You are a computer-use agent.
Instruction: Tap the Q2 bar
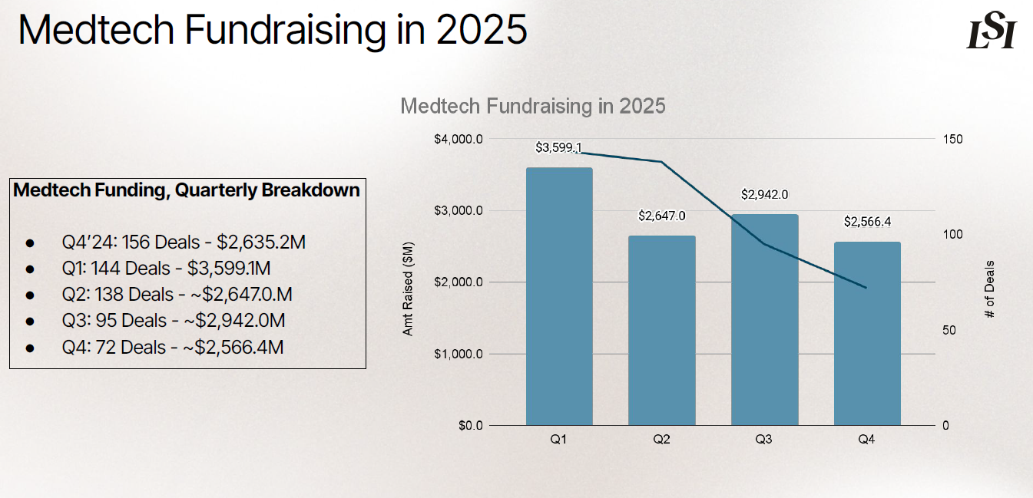pyautogui.click(x=661, y=330)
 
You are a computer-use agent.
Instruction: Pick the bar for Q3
pyautogui.click(x=764, y=319)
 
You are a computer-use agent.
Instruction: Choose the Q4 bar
pyautogui.click(x=867, y=333)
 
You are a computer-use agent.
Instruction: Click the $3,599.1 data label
pyautogui.click(x=558, y=147)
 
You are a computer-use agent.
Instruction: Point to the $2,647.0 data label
pyautogui.click(x=661, y=216)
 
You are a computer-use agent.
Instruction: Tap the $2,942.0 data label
pyautogui.click(x=764, y=194)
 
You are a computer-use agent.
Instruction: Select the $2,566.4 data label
pyautogui.click(x=867, y=222)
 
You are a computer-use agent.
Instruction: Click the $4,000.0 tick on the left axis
pyautogui.click(x=459, y=139)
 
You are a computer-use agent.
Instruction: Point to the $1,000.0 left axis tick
pyautogui.click(x=459, y=354)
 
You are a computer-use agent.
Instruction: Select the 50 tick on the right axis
pyautogui.click(x=950, y=330)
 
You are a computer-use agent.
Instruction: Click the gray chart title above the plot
pyautogui.click(x=533, y=106)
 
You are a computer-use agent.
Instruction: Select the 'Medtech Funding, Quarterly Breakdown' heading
pyautogui.click(x=187, y=190)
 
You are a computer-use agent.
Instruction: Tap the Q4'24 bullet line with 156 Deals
pyautogui.click(x=184, y=242)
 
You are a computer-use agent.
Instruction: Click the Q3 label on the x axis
pyautogui.click(x=764, y=440)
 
